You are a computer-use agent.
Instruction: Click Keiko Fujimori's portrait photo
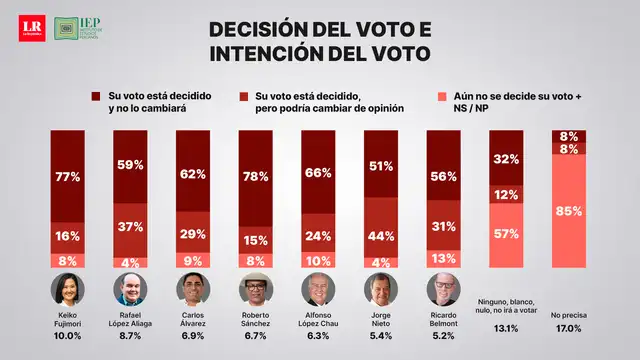pos(68,291)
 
